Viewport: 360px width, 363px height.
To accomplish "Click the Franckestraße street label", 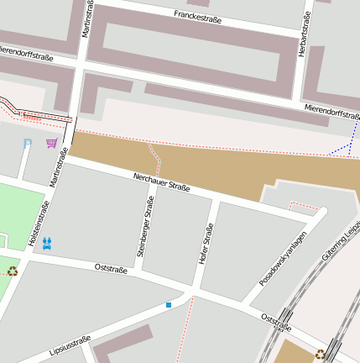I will coord(197,16).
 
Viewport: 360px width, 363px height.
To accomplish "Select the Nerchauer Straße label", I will coord(161,182).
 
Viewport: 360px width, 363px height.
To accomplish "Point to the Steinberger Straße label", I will coord(146,220).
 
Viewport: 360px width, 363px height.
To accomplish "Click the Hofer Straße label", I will coord(205,245).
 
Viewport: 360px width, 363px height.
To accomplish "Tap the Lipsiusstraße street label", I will coord(70,345).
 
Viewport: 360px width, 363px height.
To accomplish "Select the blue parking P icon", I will coord(28,143).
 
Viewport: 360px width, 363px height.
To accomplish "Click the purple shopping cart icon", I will coord(52,143).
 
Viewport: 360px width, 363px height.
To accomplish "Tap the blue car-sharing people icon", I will coord(47,243).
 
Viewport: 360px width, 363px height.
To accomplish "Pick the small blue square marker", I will coord(169,304).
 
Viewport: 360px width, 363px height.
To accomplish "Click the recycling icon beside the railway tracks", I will coord(321,355).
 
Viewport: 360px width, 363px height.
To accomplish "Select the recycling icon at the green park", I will coord(12,271).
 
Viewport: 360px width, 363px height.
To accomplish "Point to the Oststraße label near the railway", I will coord(276,322).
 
